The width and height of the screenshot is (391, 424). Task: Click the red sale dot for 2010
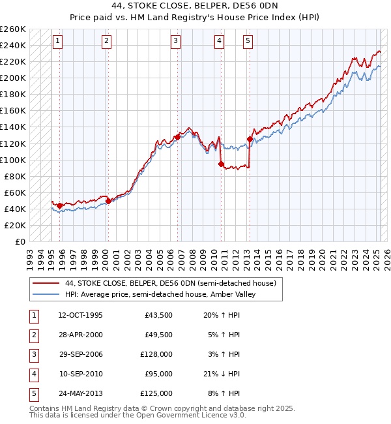click(221, 164)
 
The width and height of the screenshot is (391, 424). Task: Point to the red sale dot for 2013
click(250, 139)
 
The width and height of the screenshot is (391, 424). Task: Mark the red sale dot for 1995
click(60, 206)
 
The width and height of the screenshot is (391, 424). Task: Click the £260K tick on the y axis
click(13, 29)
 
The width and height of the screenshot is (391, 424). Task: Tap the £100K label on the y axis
click(13, 160)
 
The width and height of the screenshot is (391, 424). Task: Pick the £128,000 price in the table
click(156, 354)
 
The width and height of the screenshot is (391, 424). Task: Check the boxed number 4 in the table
click(33, 374)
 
